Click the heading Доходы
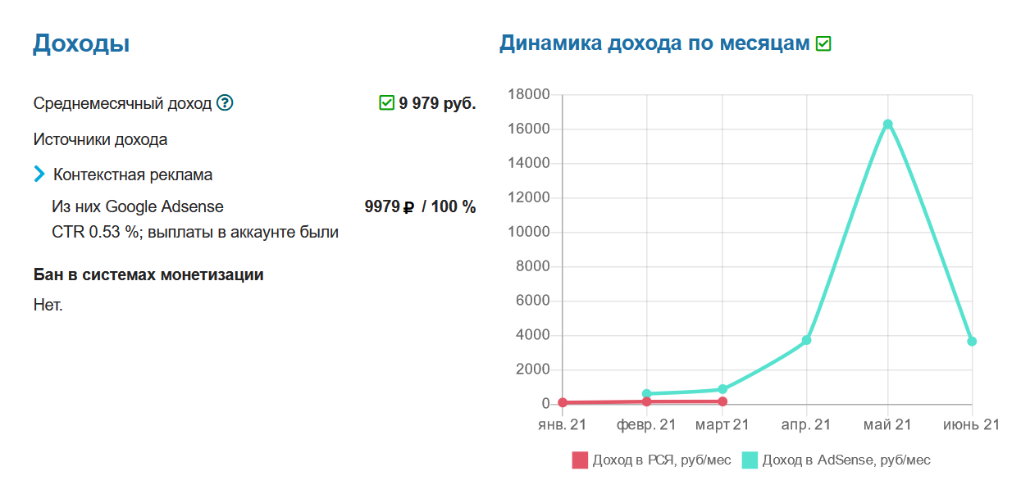81,43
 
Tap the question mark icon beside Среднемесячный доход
225,103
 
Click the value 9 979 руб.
437,103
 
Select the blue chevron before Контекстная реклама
39,174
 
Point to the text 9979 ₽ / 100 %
420,206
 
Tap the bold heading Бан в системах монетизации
148,274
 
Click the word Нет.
48,306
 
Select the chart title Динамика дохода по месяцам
654,43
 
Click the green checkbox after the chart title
823,43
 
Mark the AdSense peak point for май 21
887,125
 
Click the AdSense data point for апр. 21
807,340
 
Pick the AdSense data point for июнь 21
972,341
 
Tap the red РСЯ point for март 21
722,401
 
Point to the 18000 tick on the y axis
528,95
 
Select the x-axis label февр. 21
646,424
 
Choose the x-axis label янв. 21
562,424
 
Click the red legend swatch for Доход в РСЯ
580,460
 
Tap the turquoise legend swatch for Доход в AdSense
750,460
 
